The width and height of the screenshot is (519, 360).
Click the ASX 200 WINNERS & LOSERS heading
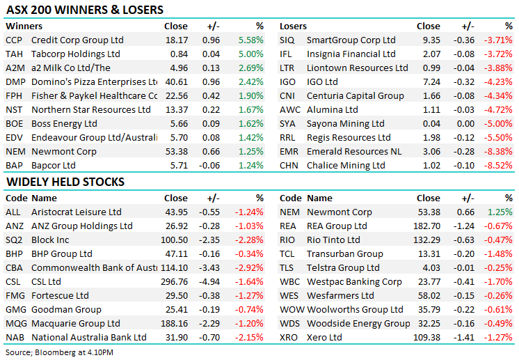[x=85, y=10]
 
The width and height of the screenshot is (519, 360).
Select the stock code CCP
[x=14, y=40]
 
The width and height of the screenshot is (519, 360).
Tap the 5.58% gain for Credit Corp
[x=250, y=40]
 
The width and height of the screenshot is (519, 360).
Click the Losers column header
[x=293, y=26]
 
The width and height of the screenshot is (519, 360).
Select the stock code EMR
[x=288, y=151]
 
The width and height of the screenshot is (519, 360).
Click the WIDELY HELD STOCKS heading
[x=65, y=182]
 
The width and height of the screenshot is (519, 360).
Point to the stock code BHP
[x=14, y=253]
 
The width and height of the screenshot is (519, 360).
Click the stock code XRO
[x=289, y=337]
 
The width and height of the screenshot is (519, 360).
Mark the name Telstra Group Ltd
[x=343, y=267]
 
